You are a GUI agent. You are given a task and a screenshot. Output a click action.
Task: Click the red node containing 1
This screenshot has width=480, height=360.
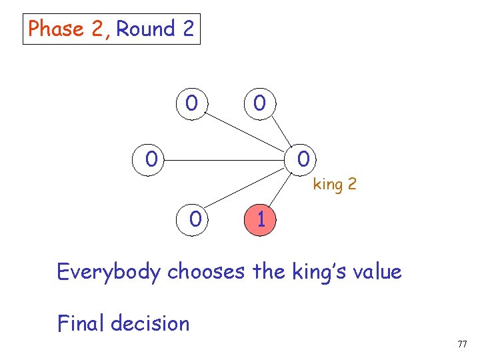[261, 219]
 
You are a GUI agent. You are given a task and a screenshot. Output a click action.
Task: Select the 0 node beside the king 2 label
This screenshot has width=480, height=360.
[303, 160]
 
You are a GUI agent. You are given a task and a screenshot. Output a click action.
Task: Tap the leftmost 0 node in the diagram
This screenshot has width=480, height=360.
[153, 160]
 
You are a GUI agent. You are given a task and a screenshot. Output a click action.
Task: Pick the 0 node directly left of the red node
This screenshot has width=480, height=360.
[195, 219]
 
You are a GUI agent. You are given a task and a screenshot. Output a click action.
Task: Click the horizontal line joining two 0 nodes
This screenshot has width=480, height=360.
[227, 160]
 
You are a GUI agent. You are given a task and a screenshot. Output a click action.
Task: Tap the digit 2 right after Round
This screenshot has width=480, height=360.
[187, 29]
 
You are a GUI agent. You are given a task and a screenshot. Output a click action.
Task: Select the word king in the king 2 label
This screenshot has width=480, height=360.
[327, 184]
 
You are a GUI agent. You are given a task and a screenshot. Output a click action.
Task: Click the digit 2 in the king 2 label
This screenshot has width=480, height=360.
[351, 184]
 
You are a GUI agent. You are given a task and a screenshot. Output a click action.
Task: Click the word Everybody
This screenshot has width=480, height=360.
[109, 272]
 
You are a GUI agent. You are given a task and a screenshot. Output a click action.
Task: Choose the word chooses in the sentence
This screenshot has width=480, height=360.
[207, 272]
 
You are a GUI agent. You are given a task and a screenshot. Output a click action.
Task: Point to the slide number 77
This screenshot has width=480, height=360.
[462, 344]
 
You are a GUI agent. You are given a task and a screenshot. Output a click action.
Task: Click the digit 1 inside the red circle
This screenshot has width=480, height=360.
[261, 219]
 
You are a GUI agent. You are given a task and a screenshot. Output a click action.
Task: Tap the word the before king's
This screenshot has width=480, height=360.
[270, 272]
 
